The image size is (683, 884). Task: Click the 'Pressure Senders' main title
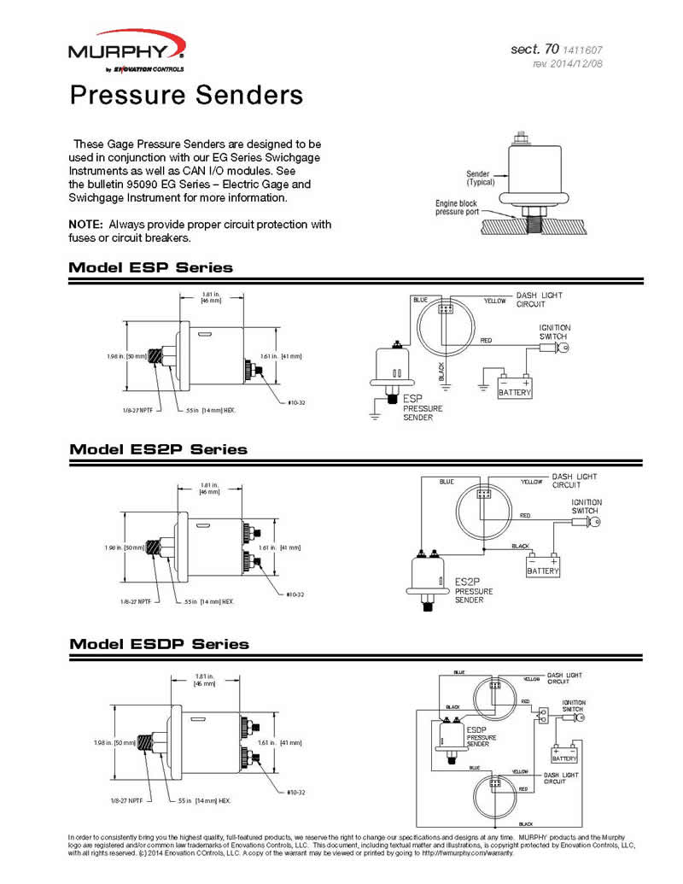tap(186, 94)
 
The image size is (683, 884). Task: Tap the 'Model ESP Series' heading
tap(150, 267)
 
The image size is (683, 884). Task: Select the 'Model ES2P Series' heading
tap(158, 448)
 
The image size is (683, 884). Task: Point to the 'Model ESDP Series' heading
tap(159, 643)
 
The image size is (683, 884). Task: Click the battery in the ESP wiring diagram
tap(514, 389)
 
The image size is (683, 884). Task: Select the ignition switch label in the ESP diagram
tap(555, 332)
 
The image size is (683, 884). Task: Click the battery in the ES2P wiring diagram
tap(543, 566)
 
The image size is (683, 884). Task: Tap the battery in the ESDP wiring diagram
tap(564, 755)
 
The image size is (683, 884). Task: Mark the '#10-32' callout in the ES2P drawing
tap(295, 594)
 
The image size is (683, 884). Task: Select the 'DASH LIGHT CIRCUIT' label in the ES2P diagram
tap(574, 480)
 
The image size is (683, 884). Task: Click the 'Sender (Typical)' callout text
tap(477, 178)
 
